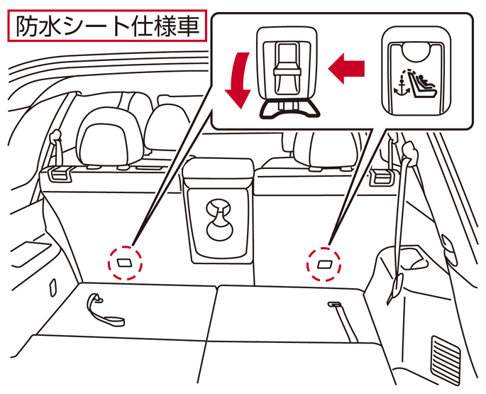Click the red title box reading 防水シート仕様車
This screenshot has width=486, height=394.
pos(107,26)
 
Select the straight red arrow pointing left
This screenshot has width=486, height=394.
pos(346,68)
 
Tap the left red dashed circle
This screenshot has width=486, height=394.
pos(125,263)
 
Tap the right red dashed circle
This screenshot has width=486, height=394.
pos(324,264)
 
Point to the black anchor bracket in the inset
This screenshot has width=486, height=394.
pos(289,109)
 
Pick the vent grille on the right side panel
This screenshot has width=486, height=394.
pos(445,359)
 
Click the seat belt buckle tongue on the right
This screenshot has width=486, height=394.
pos(395,287)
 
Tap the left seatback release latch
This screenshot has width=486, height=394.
pos(59,174)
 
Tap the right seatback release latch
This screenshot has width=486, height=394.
pos(382,177)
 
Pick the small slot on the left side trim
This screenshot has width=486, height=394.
pos(53,286)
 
